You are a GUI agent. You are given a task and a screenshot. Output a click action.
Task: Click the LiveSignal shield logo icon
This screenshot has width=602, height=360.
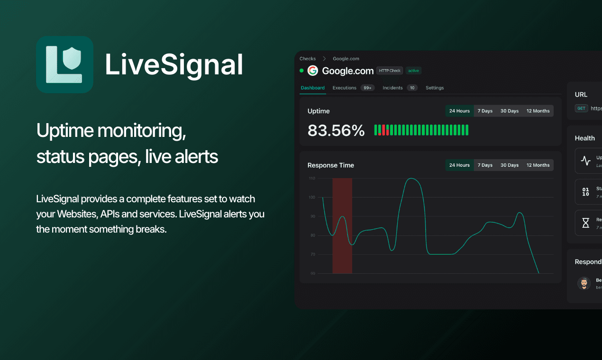64,64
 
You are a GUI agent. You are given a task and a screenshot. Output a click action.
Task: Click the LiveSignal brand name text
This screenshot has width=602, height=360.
174,65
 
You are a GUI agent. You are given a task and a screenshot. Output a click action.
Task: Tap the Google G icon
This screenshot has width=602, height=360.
312,71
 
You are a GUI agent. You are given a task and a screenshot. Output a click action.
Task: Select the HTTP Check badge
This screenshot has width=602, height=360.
390,71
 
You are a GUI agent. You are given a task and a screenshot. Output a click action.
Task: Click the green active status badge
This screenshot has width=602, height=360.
414,71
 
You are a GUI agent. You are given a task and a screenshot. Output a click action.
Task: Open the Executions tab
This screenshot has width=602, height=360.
345,88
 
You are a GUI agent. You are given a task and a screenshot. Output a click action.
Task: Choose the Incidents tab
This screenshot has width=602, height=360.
392,88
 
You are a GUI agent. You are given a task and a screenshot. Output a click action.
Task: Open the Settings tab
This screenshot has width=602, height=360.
435,88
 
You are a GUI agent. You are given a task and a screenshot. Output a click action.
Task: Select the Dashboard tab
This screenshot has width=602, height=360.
312,88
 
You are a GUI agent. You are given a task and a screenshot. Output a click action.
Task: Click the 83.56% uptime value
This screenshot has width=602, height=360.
336,130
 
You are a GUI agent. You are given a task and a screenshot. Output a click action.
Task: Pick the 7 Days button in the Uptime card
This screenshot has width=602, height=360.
485,111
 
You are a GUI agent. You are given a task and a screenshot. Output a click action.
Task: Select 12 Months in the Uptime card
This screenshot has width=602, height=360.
538,111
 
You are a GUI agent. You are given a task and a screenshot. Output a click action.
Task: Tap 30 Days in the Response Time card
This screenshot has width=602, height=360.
510,165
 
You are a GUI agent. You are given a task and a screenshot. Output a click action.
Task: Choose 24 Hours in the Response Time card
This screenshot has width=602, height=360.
459,165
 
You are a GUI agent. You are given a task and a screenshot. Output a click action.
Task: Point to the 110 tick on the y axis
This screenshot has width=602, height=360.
312,179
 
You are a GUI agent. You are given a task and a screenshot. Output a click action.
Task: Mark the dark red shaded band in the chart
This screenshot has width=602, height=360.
342,226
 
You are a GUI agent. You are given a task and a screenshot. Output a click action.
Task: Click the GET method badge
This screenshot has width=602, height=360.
581,108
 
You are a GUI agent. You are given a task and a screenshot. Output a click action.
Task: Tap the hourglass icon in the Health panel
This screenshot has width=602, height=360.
586,223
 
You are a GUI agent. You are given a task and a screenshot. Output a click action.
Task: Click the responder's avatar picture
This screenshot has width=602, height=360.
584,283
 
